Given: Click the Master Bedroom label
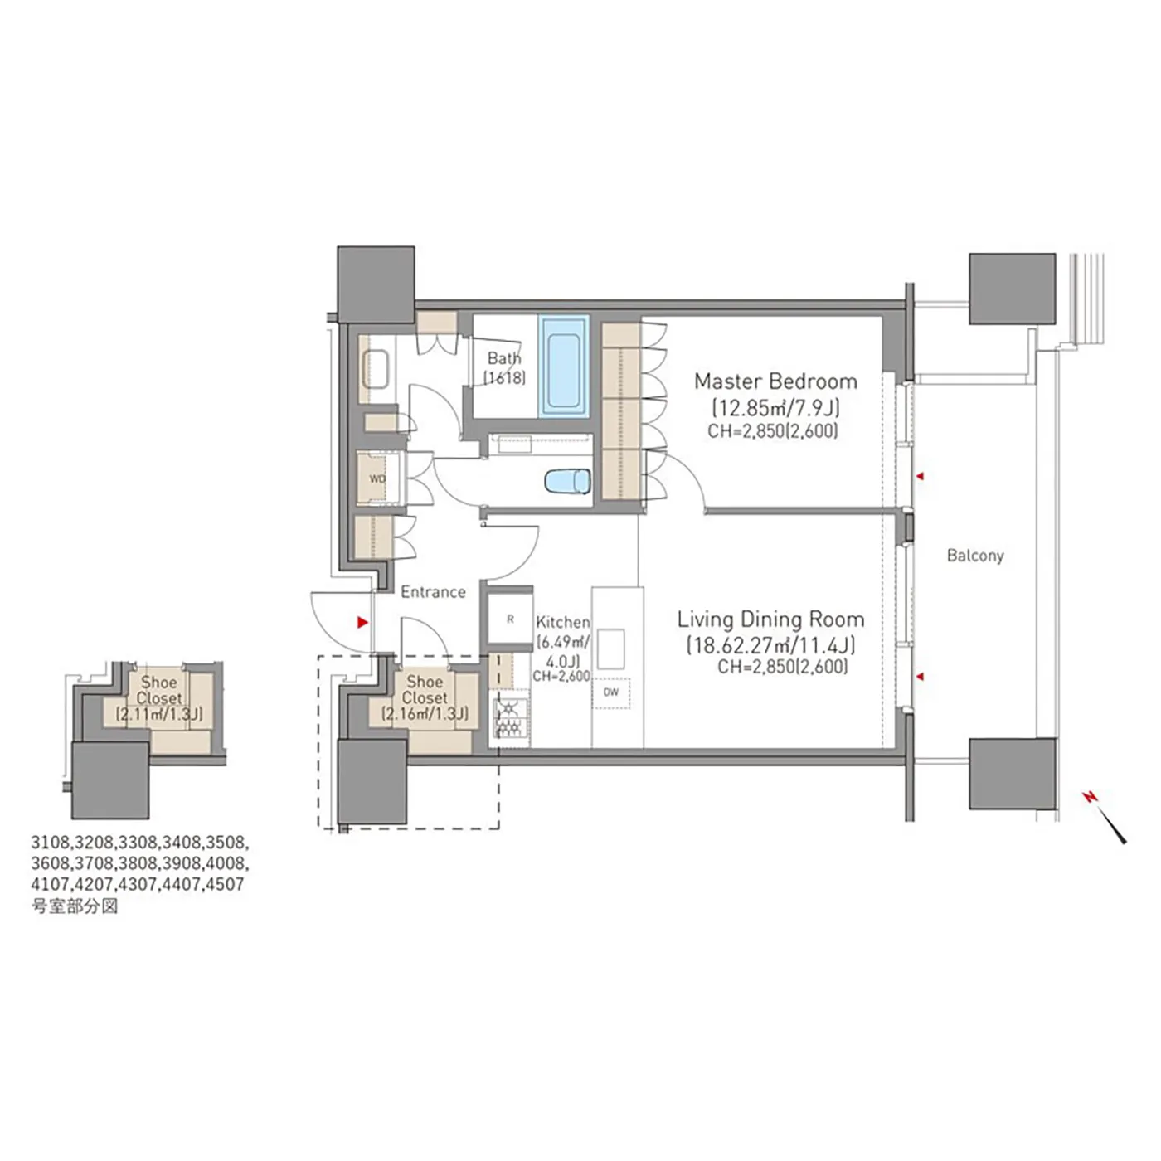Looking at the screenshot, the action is (775, 381).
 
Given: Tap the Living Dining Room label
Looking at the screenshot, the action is (770, 619).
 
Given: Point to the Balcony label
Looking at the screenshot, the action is (975, 555).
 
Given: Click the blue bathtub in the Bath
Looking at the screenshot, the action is (565, 367).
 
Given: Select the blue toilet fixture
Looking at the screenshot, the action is (567, 481).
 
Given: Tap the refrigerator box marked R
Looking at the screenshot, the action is (510, 619).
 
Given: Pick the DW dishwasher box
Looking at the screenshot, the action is (611, 692).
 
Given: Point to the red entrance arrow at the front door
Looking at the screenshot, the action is (362, 622).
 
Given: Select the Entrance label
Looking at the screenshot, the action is (433, 591).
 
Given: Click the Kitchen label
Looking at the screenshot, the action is (563, 621).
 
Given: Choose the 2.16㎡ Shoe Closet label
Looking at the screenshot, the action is (425, 697).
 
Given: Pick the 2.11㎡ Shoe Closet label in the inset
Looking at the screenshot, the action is (159, 698).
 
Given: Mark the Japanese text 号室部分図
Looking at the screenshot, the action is (75, 906).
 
